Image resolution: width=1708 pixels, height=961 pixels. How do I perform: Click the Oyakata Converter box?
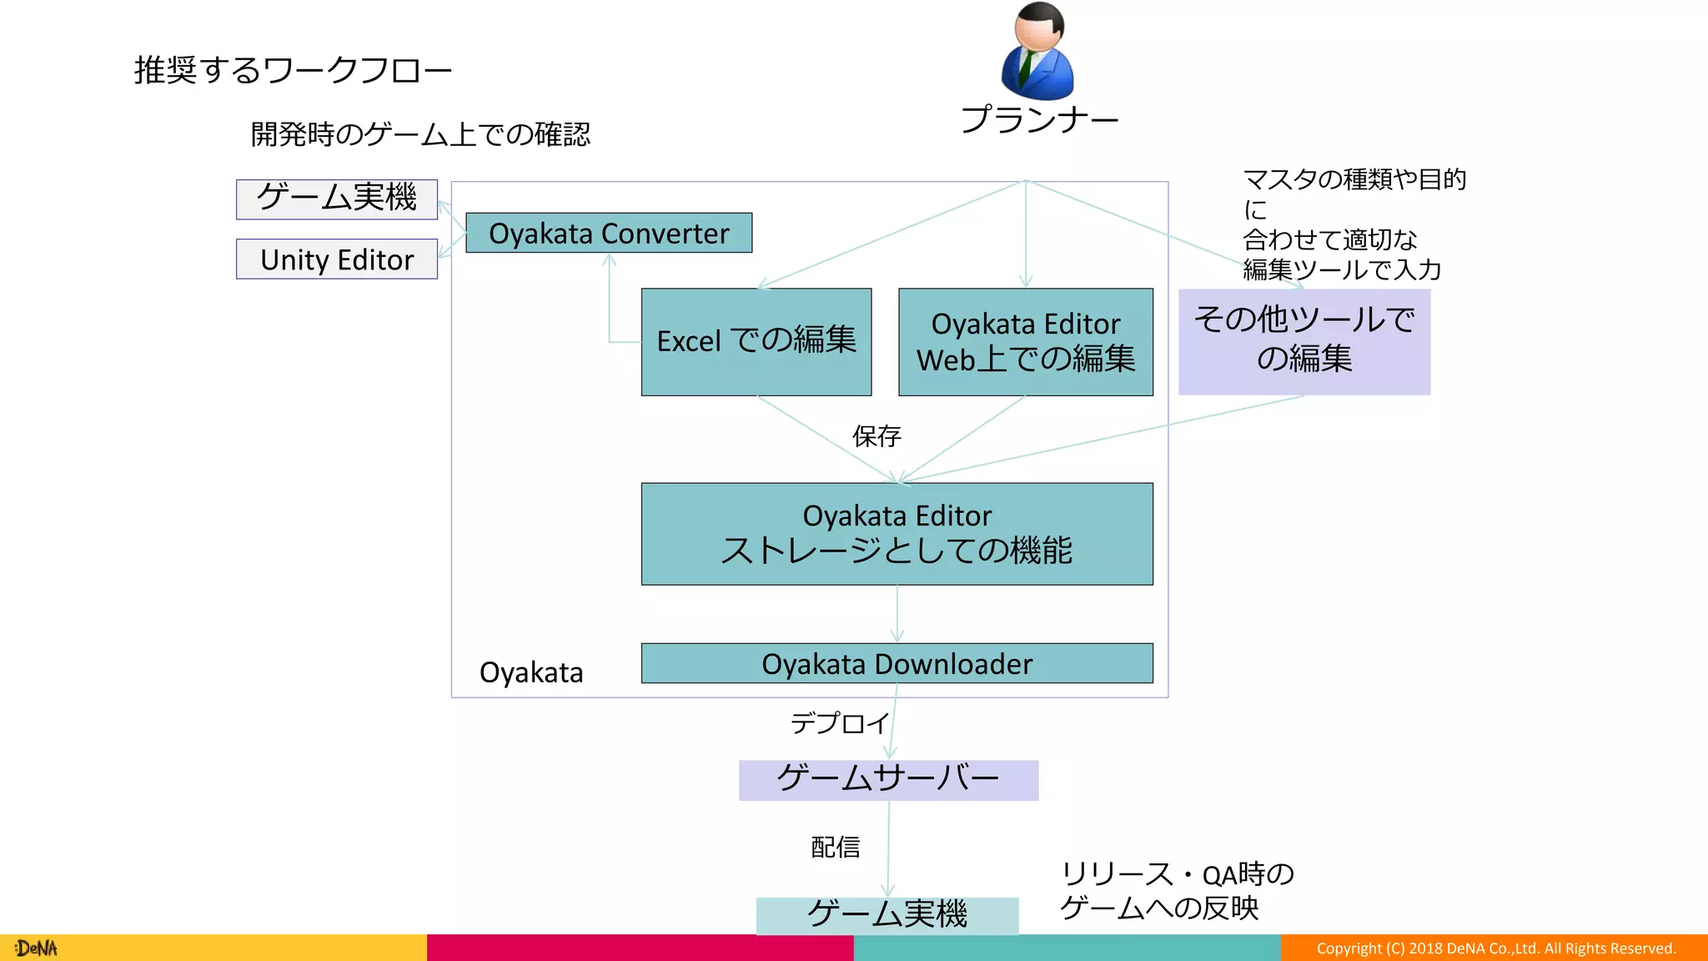[609, 233]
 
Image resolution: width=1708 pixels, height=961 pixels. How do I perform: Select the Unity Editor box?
[337, 259]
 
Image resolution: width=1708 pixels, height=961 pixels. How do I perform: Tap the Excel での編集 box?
[756, 342]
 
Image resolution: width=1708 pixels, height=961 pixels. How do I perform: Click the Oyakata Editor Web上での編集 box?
[1026, 342]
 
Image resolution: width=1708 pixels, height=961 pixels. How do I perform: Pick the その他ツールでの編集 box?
[1304, 342]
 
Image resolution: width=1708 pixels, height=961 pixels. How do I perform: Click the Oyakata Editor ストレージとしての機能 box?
[897, 534]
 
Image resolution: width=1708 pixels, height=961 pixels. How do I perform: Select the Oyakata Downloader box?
[897, 663]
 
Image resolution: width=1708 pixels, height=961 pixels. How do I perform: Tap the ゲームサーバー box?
[888, 780]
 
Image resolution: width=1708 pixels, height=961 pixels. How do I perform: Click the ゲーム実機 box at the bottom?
[887, 915]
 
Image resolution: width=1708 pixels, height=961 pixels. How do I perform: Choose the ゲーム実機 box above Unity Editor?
[337, 199]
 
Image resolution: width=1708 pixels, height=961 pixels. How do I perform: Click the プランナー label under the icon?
[1039, 120]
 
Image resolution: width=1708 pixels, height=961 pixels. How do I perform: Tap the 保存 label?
[877, 435]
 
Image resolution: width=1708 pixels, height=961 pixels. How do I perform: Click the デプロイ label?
[840, 723]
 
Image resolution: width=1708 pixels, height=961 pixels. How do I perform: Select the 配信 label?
[835, 848]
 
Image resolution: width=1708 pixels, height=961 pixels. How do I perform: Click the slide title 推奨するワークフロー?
[293, 70]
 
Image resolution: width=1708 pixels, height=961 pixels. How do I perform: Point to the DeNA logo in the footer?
[36, 948]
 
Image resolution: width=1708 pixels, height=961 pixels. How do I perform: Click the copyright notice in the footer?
[1495, 948]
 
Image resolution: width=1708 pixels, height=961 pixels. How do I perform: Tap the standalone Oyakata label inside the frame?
[531, 672]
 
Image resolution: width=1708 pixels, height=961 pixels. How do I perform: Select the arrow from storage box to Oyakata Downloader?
[897, 614]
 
